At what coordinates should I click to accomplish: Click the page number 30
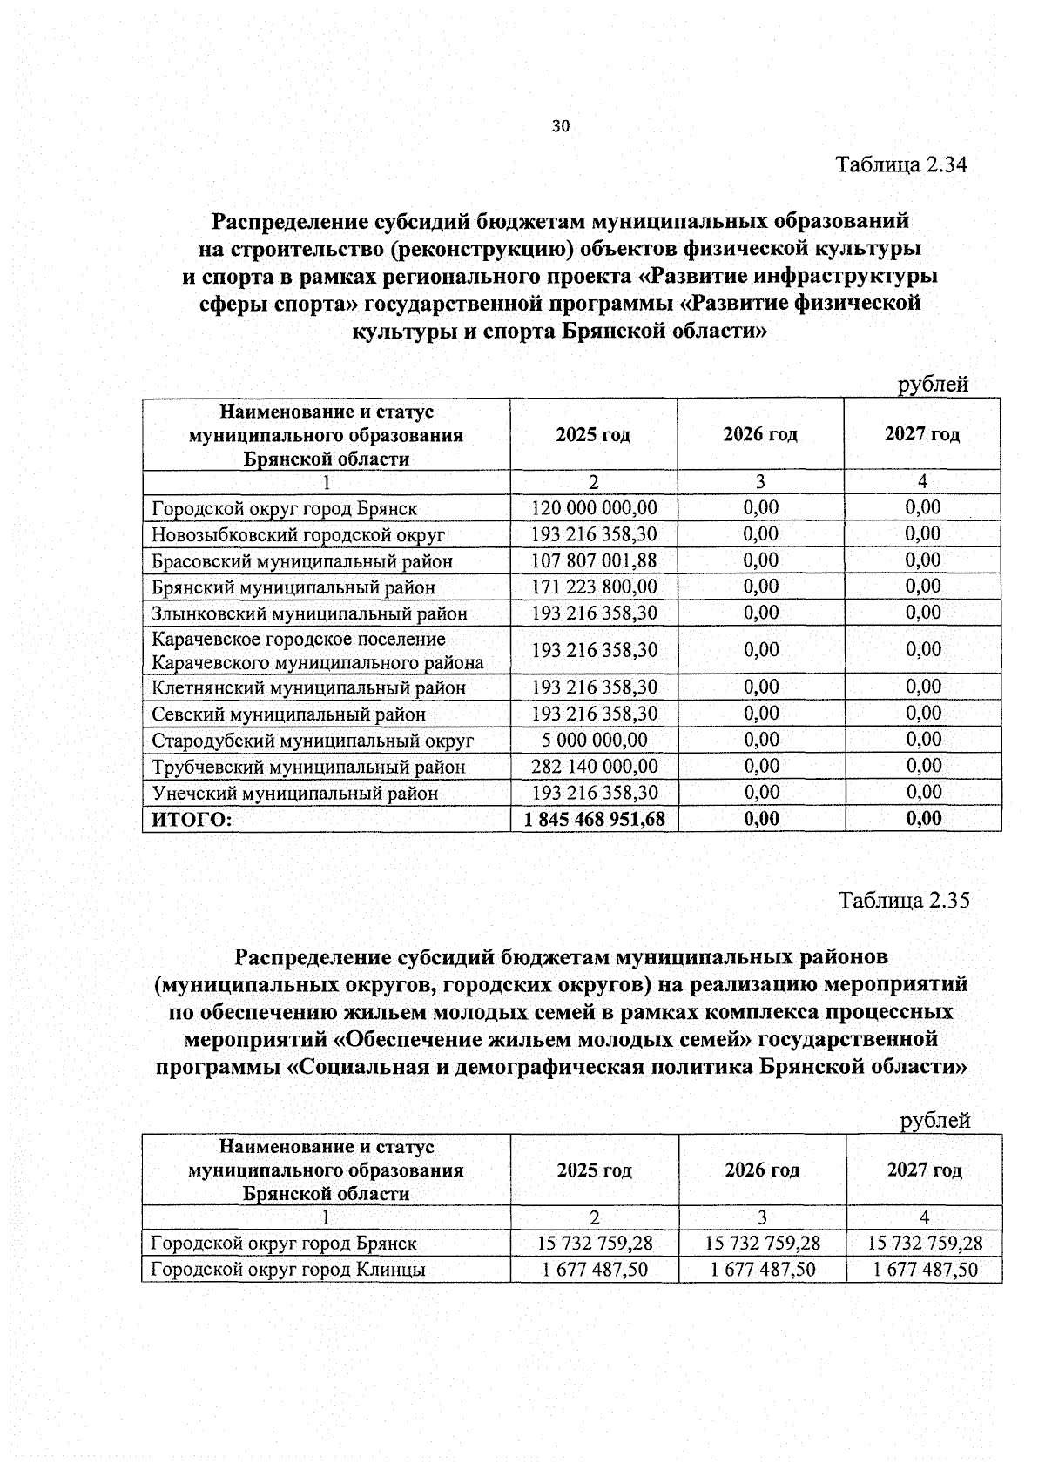560,126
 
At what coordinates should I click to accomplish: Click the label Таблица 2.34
901,164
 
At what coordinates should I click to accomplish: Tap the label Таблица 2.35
903,900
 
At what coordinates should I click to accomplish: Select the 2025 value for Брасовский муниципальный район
594,560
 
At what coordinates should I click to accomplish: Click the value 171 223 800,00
594,587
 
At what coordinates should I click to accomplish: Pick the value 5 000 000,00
594,740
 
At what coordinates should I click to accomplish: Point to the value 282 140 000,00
594,766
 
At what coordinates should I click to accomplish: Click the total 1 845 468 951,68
594,819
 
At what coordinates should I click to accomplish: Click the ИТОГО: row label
192,820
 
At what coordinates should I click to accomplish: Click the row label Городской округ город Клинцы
288,1269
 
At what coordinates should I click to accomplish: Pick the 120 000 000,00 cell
594,507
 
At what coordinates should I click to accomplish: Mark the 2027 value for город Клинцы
925,1269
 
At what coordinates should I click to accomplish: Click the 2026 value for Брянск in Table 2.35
762,1243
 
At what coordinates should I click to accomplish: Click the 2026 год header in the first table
760,434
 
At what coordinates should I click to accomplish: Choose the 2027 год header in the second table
925,1170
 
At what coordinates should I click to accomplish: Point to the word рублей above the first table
933,385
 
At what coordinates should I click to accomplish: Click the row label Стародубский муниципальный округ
313,741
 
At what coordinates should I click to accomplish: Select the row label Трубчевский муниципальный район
308,767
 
